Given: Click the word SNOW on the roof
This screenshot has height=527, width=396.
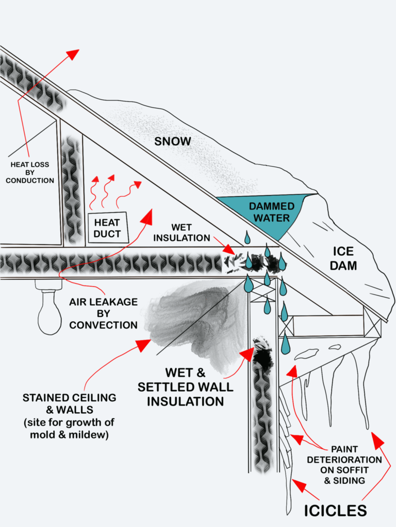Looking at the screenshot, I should point(173,141).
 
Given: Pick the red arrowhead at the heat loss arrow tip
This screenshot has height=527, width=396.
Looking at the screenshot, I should point(73,54).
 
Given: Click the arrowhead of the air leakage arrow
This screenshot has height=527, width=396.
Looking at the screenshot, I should point(148,215).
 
